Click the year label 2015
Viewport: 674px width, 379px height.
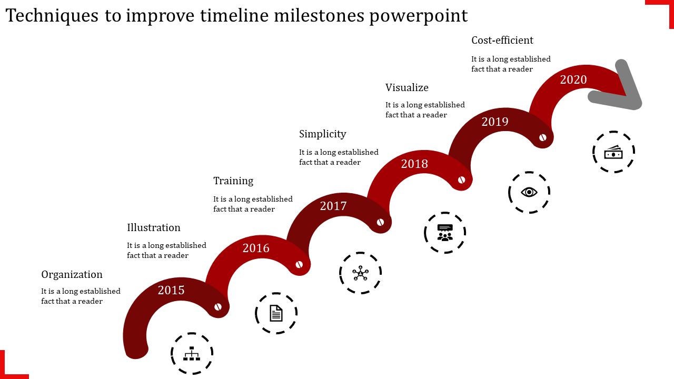171,290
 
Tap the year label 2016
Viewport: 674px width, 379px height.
256,248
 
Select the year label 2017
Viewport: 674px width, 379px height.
333,206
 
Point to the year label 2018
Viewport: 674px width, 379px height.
414,164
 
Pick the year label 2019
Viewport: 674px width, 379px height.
495,122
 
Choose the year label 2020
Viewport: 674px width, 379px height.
573,79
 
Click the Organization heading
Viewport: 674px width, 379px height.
72,275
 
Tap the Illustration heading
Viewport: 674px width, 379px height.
154,228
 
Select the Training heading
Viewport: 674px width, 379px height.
233,181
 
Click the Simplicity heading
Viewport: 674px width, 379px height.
323,134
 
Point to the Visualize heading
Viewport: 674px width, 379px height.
407,87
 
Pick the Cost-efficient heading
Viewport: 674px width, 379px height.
502,41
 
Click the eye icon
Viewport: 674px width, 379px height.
529,192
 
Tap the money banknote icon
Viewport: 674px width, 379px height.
613,152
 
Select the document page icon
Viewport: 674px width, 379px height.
276,313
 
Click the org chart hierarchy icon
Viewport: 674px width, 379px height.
192,353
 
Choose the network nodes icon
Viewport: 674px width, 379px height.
361,273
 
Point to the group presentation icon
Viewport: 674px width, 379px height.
445,233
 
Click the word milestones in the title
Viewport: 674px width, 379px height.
319,16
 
